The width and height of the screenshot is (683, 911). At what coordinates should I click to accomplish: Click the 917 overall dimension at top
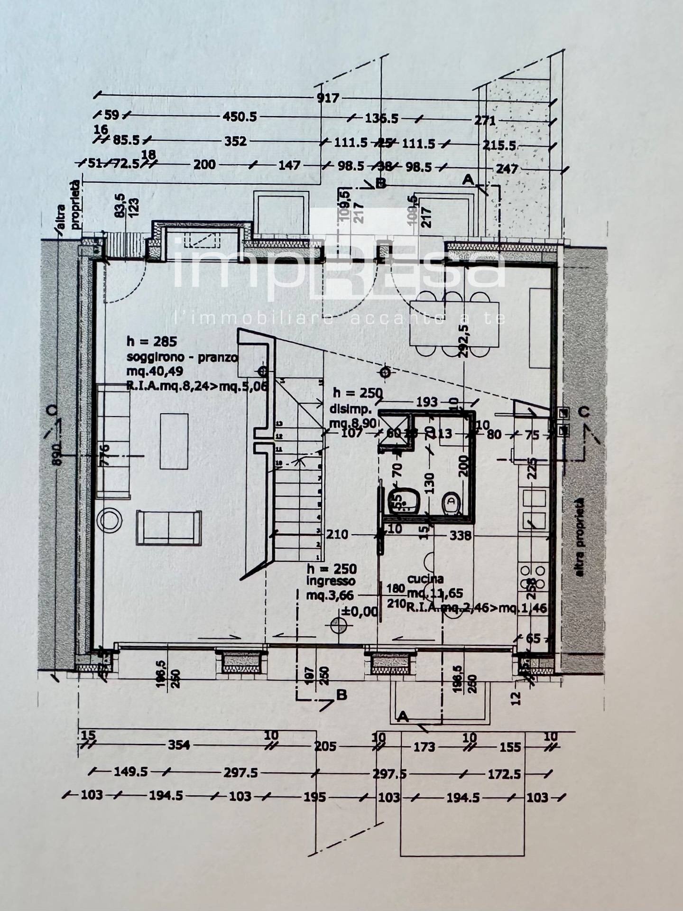coord(328,98)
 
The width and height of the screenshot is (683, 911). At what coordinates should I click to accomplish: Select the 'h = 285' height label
coord(151,341)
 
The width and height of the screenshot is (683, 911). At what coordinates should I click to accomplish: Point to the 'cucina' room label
coord(425,579)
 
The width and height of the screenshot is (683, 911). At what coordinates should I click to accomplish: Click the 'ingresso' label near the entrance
coord(331,581)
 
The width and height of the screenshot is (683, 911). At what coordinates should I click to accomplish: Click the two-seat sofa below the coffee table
coord(169,528)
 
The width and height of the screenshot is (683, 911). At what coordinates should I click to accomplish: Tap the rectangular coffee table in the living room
coord(175,441)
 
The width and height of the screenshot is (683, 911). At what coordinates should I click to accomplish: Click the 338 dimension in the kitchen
coord(460,535)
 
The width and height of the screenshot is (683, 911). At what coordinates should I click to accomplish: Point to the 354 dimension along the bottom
coord(179,745)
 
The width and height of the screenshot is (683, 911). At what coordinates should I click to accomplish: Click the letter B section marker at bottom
coord(341,695)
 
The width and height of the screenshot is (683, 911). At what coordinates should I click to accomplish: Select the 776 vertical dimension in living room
coord(105,454)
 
